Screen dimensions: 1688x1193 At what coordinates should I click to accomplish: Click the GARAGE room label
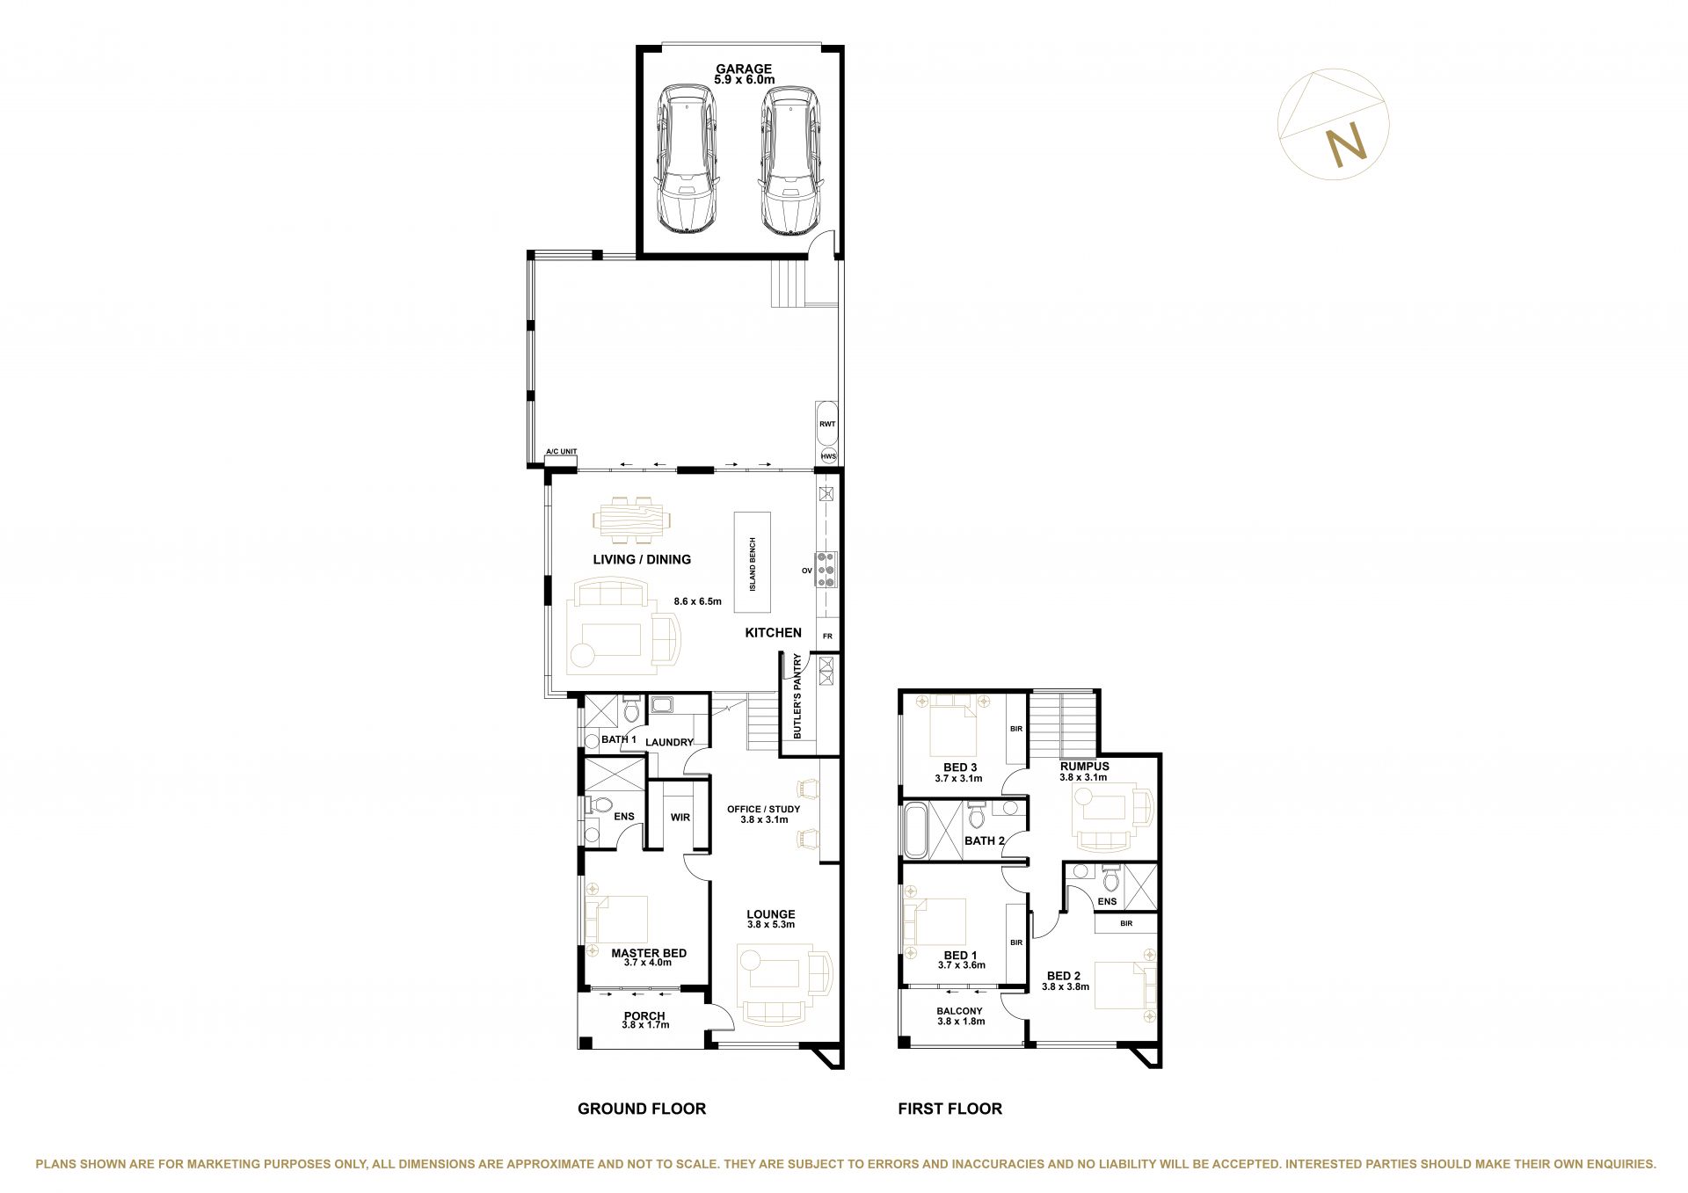pos(744,69)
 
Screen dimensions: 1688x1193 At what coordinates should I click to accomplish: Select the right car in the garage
pos(791,160)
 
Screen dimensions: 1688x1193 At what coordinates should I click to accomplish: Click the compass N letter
pos(1346,146)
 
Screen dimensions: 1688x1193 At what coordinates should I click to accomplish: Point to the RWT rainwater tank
pos(827,424)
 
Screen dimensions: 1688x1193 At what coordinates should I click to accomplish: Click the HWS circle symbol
pos(828,456)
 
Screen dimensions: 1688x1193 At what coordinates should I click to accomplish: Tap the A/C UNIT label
pos(562,452)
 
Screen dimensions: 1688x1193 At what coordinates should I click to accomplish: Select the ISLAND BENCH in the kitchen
pos(753,563)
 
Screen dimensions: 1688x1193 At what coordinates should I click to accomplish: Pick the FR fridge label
pos(827,636)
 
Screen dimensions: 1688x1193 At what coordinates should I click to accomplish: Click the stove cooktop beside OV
pos(827,570)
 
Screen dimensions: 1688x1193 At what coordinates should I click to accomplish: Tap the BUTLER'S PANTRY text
pos(797,695)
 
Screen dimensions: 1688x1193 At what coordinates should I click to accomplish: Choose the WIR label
pos(680,818)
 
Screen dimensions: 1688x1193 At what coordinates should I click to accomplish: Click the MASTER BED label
pos(649,953)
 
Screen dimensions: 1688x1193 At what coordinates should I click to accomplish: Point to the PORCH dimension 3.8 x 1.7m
pos(646,1025)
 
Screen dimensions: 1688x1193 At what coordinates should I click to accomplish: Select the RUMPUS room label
pos(1085,766)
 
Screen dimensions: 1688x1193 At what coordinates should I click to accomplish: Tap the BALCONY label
pos(959,1011)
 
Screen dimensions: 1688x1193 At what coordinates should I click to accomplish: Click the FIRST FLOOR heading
pos(950,1109)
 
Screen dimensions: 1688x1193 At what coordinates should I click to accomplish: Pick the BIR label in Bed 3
pos(1016,729)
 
